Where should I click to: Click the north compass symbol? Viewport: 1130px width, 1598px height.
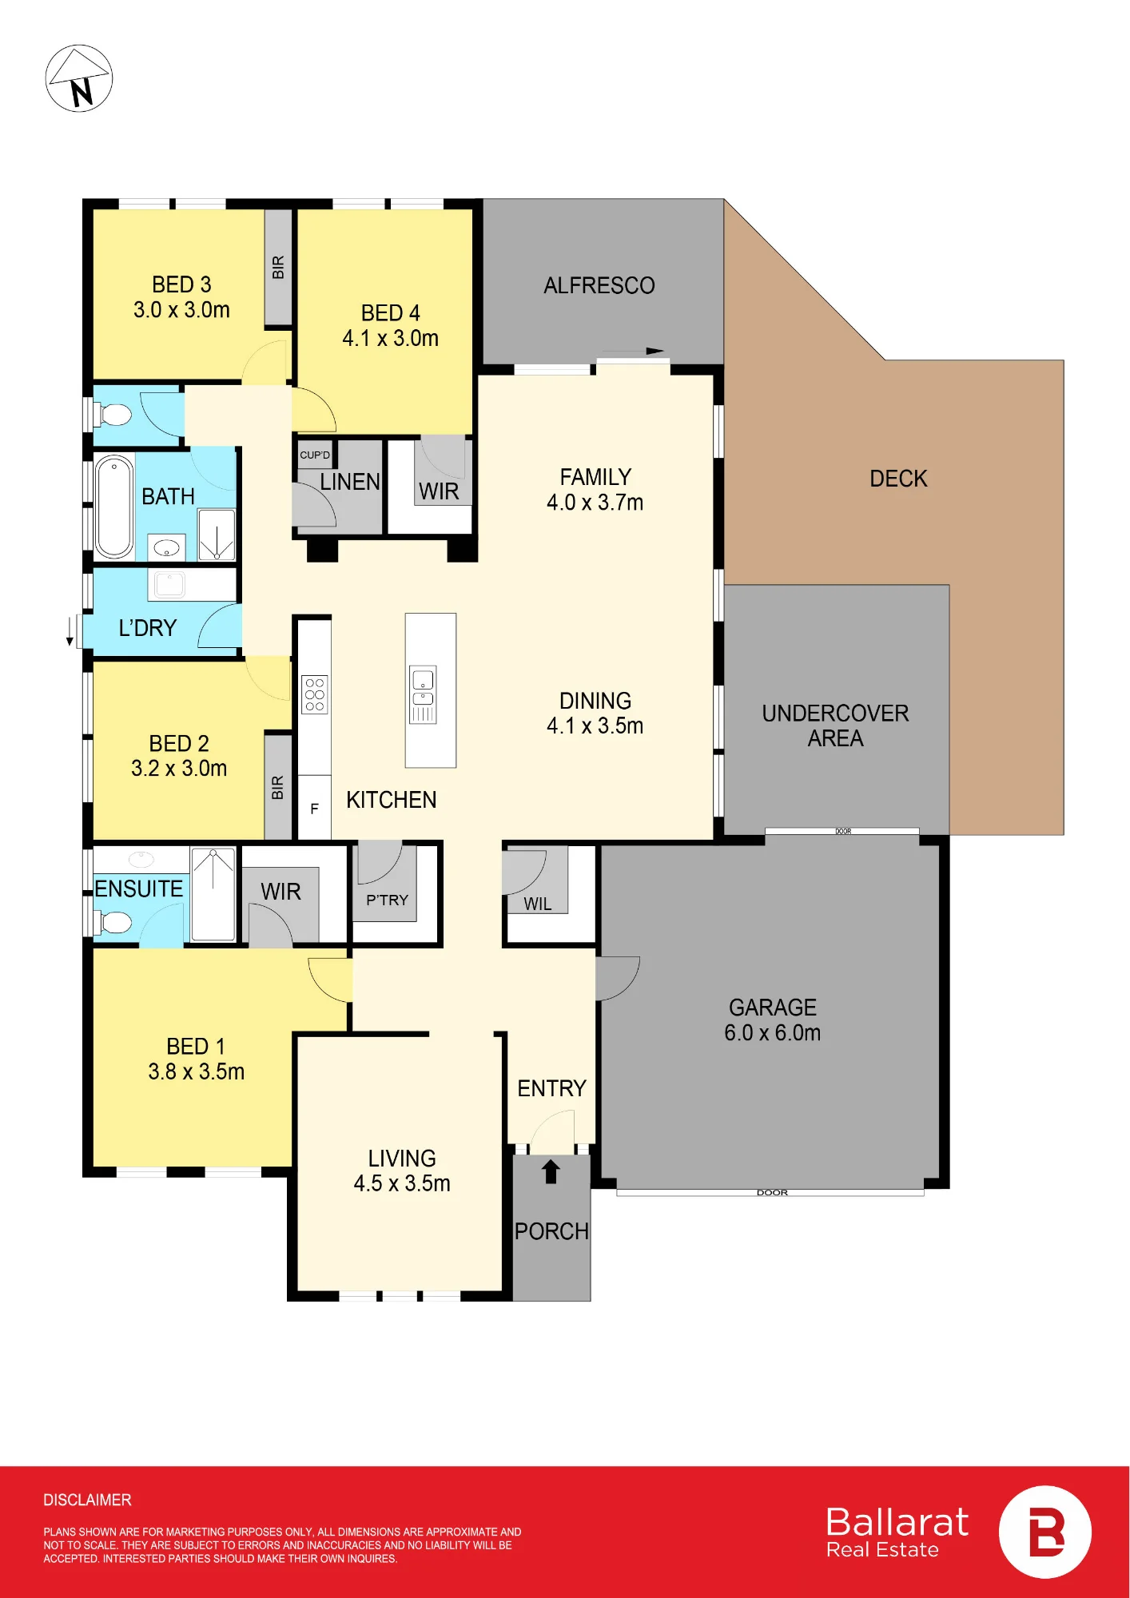point(78,78)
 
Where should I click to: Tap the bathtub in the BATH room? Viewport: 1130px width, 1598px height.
point(114,507)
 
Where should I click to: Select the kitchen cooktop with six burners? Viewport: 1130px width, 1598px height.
point(315,694)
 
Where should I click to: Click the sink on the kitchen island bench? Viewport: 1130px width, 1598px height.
point(423,694)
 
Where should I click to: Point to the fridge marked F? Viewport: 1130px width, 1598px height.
point(315,808)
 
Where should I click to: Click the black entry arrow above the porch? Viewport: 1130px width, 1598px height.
point(551,1171)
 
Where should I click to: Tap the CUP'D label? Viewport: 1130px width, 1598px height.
point(315,455)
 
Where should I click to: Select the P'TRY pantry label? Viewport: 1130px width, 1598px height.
point(387,900)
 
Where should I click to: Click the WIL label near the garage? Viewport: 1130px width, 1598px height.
point(538,904)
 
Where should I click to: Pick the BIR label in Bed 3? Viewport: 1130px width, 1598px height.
point(278,267)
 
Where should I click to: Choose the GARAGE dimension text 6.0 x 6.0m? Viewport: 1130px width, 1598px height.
point(772,1033)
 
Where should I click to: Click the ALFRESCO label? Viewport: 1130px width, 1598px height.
point(599,285)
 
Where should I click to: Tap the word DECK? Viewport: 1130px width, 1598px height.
point(898,479)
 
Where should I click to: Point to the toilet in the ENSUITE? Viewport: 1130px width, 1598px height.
point(115,922)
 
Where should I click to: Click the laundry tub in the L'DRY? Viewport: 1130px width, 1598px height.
point(169,584)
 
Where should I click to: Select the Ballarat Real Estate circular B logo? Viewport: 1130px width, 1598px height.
point(1045,1532)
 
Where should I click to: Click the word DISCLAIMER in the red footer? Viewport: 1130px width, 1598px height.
point(87,1500)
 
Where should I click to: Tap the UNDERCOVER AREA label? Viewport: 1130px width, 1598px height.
point(835,725)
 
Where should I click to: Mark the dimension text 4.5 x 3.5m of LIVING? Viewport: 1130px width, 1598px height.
point(402,1183)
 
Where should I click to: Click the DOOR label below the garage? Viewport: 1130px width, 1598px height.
point(772,1193)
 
